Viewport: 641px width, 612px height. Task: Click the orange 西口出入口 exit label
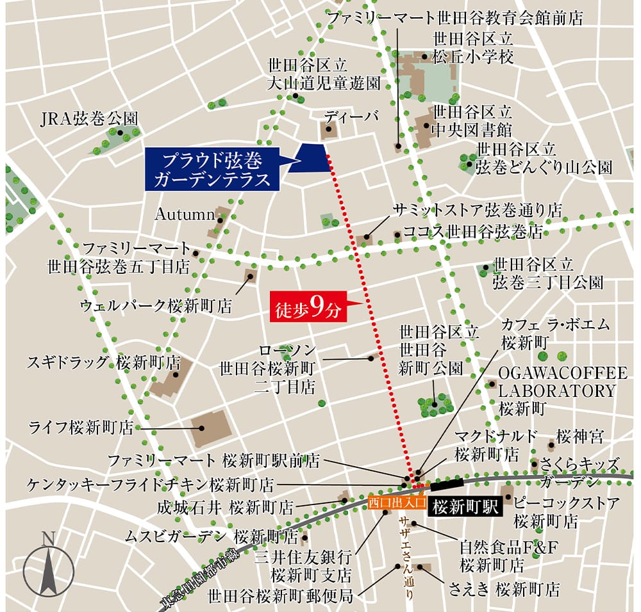tap(397, 502)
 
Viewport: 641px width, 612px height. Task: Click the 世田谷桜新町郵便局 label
tap(280, 596)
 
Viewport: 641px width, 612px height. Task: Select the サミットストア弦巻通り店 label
tap(478, 210)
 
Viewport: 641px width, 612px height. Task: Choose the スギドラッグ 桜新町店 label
tap(103, 362)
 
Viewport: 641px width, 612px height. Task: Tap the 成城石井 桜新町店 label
tap(225, 508)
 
